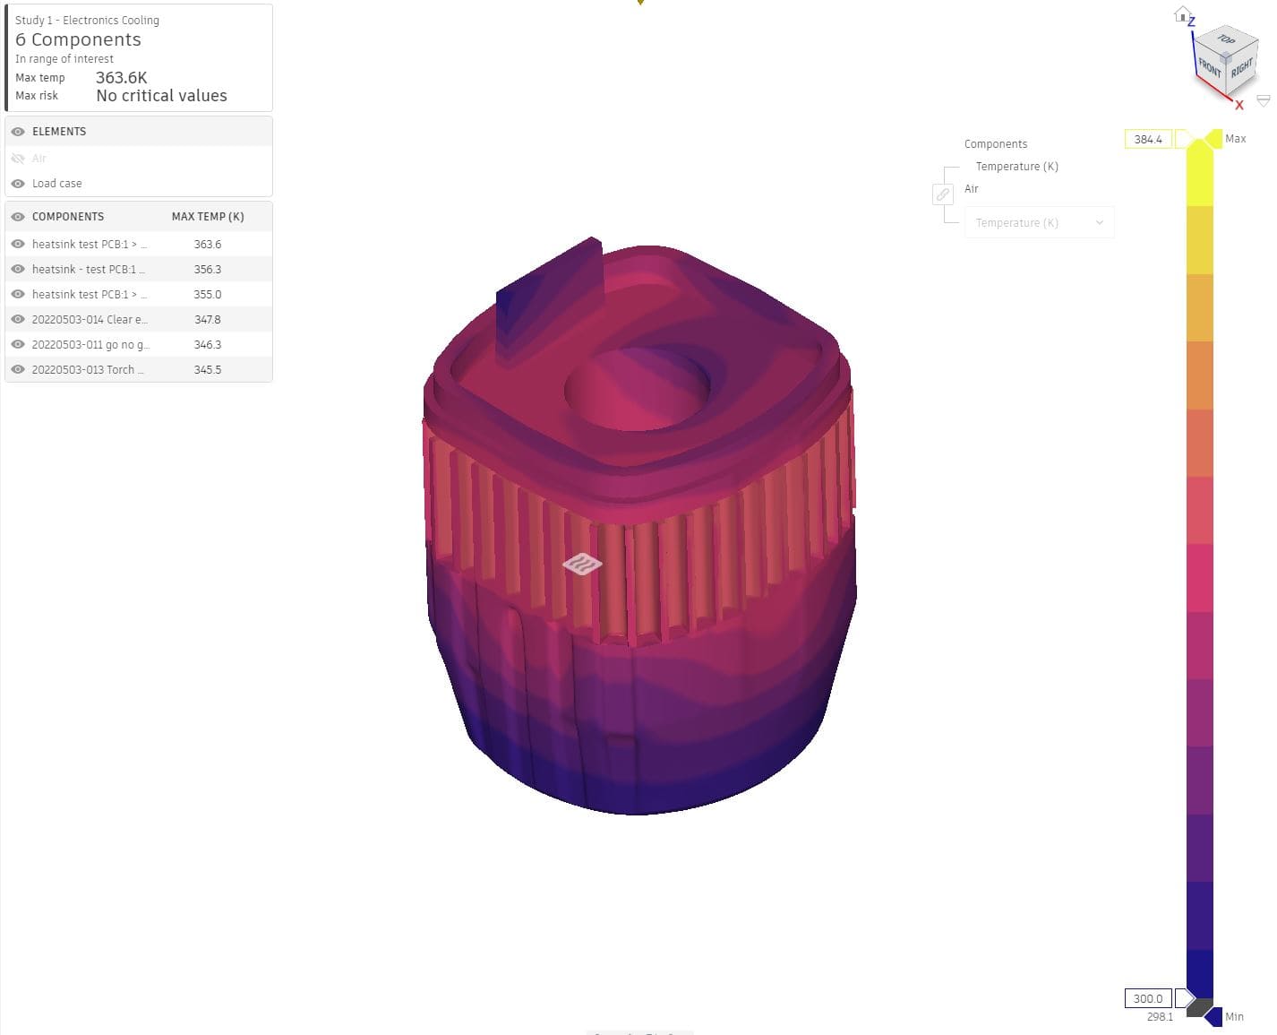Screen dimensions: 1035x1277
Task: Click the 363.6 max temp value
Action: pyautogui.click(x=207, y=244)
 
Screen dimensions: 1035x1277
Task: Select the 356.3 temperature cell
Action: pyautogui.click(x=207, y=269)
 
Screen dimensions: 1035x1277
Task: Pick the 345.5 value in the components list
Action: pyautogui.click(x=207, y=369)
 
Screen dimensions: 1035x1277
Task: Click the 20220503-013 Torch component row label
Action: pyautogui.click(x=87, y=369)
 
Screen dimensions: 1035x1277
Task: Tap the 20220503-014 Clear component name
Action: pyautogui.click(x=90, y=319)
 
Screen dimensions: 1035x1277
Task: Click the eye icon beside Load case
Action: pyautogui.click(x=18, y=184)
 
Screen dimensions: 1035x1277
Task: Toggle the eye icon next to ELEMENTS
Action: pyautogui.click(x=18, y=132)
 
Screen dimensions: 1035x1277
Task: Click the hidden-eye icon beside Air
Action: pyautogui.click(x=18, y=159)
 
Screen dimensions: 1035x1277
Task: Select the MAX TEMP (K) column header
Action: pyautogui.click(x=208, y=217)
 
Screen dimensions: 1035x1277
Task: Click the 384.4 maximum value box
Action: pyautogui.click(x=1147, y=139)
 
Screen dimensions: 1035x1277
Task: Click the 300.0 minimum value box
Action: pyautogui.click(x=1147, y=998)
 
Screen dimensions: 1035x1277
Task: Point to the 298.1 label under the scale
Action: pyautogui.click(x=1159, y=1017)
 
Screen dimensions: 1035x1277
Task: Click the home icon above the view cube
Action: pyautogui.click(x=1182, y=14)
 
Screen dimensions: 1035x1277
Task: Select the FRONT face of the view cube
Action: pyautogui.click(x=1210, y=67)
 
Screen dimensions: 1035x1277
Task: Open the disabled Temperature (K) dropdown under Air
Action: pyautogui.click(x=1039, y=223)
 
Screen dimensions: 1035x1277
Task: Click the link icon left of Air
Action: pyautogui.click(x=943, y=194)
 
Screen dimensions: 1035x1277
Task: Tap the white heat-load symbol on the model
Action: pyautogui.click(x=582, y=564)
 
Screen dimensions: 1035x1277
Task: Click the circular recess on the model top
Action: pyautogui.click(x=637, y=387)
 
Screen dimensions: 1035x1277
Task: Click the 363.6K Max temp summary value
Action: pyautogui.click(x=122, y=78)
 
